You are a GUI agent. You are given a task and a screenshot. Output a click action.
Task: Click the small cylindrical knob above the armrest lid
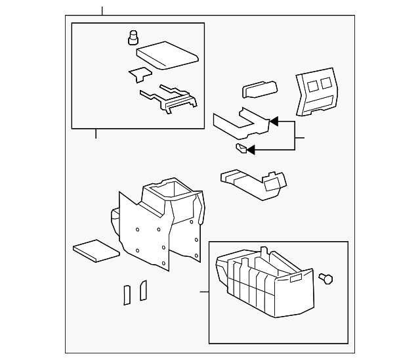point(133,37)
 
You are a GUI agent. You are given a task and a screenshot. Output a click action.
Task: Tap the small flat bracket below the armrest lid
point(139,74)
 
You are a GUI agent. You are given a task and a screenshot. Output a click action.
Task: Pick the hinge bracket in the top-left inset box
point(169,99)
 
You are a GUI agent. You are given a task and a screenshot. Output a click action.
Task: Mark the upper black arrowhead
point(274,122)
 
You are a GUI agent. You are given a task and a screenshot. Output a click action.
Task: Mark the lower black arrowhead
point(251,150)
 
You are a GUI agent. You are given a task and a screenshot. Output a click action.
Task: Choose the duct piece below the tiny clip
point(253,183)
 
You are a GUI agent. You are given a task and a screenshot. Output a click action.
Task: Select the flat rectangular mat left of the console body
point(96,250)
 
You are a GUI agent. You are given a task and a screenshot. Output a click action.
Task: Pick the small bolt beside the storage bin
point(325,279)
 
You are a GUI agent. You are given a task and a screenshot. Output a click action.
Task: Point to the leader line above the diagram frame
point(102,11)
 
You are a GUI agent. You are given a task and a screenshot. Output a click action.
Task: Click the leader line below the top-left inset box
point(96,133)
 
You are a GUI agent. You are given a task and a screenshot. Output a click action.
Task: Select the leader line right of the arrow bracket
point(300,138)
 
